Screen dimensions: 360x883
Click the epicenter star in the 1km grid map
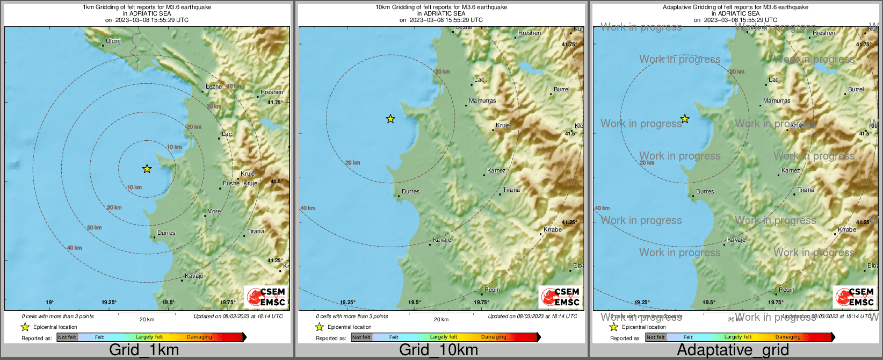pos(147,169)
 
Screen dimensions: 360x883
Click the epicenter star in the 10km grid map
pos(390,119)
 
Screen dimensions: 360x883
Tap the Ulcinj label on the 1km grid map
pos(113,41)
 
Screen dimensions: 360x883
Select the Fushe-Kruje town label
pos(240,184)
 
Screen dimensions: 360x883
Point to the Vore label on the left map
pos(214,212)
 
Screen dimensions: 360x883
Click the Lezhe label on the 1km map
pos(213,87)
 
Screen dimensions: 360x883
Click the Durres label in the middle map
pos(410,192)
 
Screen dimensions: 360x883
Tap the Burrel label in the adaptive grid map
pos(856,90)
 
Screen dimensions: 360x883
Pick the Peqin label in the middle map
pos(492,290)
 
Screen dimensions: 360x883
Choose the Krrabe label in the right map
pos(847,230)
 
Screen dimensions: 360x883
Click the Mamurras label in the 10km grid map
pos(482,101)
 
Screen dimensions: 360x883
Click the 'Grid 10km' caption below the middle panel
pos(438,350)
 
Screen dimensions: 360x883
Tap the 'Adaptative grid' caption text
pos(733,350)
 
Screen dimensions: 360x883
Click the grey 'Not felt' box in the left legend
pos(67,337)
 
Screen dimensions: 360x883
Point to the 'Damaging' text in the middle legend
pos(494,337)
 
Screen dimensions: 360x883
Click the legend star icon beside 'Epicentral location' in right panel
pos(613,327)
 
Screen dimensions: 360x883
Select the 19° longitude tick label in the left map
pos(49,303)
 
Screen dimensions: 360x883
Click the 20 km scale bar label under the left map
pos(147,320)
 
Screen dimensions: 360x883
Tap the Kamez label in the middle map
pos(496,171)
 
